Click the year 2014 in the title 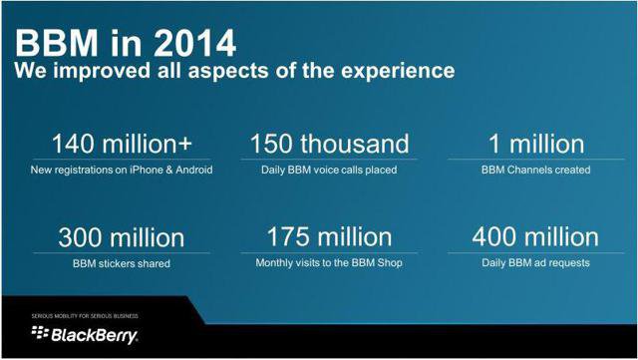pyautogui.click(x=195, y=43)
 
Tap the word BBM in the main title pyautogui.click(x=56, y=43)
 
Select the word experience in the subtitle pyautogui.click(x=398, y=71)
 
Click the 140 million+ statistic pyautogui.click(x=122, y=144)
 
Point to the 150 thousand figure pyautogui.click(x=329, y=144)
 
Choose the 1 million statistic pyautogui.click(x=536, y=144)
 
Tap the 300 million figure pyautogui.click(x=122, y=237)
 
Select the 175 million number pyautogui.click(x=329, y=237)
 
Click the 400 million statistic pyautogui.click(x=535, y=237)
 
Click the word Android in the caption pyautogui.click(x=194, y=170)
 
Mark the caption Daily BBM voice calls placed pyautogui.click(x=329, y=170)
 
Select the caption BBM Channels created pyautogui.click(x=536, y=170)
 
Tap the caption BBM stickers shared pyautogui.click(x=122, y=263)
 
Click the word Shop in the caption pyautogui.click(x=390, y=262)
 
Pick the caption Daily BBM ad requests pyautogui.click(x=535, y=263)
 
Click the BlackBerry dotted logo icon pyautogui.click(x=40, y=332)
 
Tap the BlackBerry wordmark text pyautogui.click(x=95, y=335)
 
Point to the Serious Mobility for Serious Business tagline pyautogui.click(x=85, y=316)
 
